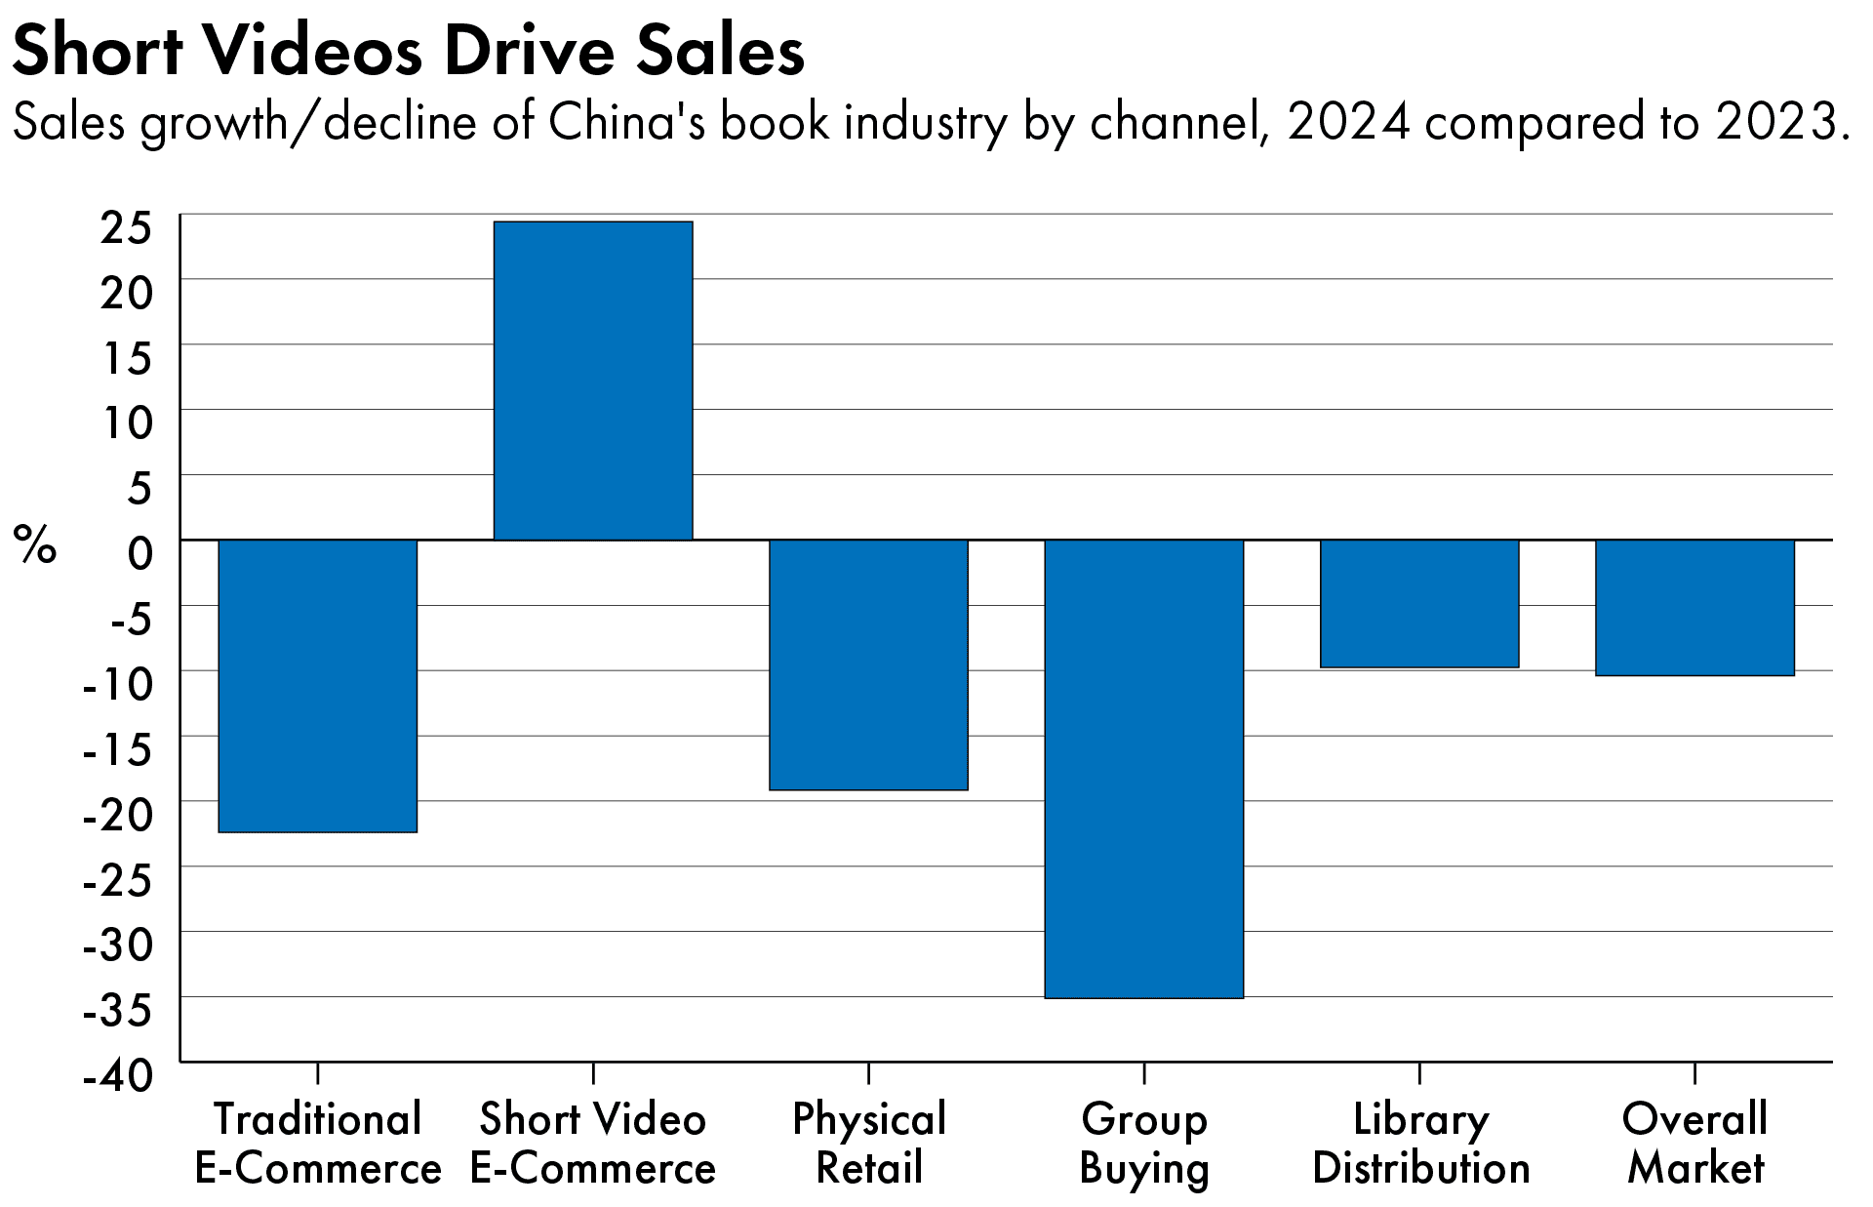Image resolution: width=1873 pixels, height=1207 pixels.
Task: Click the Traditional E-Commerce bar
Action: [x=318, y=685]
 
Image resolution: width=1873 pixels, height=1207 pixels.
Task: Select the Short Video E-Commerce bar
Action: [x=593, y=381]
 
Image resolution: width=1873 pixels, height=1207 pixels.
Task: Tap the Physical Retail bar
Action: [x=868, y=664]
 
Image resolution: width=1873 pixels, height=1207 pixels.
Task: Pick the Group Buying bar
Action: [x=1144, y=768]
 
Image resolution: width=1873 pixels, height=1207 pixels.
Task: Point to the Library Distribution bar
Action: [x=1419, y=603]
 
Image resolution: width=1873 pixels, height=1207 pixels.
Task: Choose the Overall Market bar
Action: [x=1695, y=607]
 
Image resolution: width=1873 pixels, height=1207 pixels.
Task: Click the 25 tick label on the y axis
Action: [x=127, y=229]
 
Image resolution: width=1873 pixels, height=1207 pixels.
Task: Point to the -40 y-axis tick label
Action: [x=119, y=1076]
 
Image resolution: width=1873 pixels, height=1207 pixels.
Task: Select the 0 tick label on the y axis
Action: [x=140, y=554]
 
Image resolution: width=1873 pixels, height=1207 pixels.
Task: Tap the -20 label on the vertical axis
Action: [x=119, y=815]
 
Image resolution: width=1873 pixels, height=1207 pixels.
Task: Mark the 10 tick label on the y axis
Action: [x=127, y=423]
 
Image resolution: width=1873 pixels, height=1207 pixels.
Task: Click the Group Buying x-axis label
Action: [x=1144, y=1144]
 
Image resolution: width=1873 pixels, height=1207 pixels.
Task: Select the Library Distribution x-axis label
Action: [x=1420, y=1144]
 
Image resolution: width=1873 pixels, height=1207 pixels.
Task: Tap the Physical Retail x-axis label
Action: [x=868, y=1144]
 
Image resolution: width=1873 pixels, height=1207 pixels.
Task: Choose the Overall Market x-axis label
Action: [x=1695, y=1144]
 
